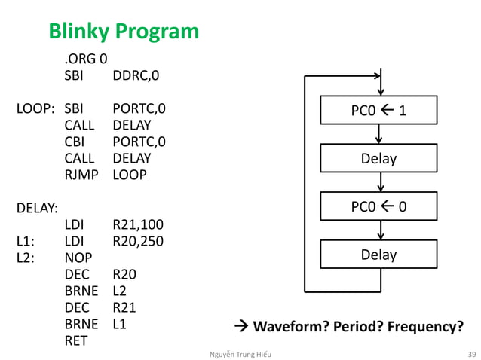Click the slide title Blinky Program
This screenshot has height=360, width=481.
(x=124, y=31)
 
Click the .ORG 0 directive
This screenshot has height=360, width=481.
(x=85, y=59)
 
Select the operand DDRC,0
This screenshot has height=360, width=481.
(x=136, y=75)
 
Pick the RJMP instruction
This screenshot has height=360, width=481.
(x=80, y=175)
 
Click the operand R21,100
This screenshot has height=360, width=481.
(x=138, y=224)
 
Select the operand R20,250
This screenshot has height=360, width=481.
(x=138, y=241)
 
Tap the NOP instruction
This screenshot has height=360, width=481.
(x=78, y=258)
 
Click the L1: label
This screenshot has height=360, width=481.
(x=26, y=241)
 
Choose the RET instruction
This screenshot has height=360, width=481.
(x=76, y=340)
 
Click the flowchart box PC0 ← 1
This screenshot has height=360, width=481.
(x=378, y=111)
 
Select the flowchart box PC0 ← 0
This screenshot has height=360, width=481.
(x=378, y=206)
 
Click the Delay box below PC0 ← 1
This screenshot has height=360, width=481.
(x=378, y=158)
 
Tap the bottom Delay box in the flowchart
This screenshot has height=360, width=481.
(x=378, y=255)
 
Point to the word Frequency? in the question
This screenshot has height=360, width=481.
(x=424, y=326)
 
